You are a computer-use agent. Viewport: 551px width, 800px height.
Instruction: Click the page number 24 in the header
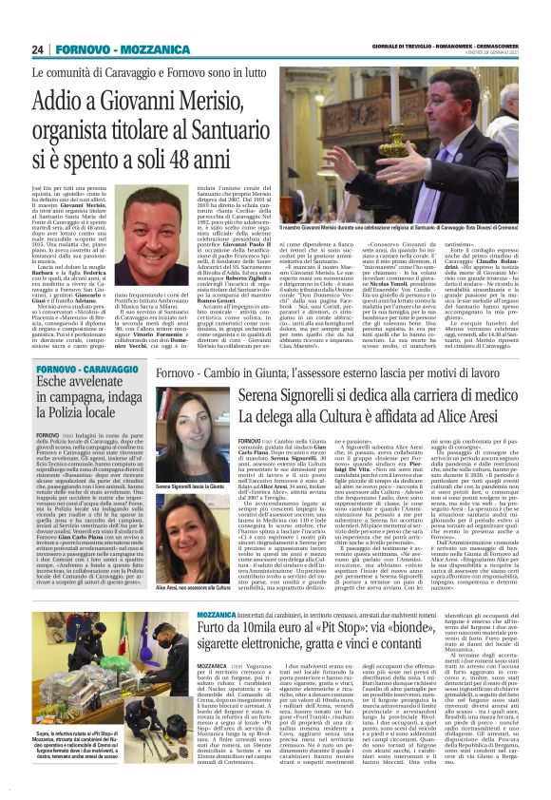(x=38, y=49)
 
